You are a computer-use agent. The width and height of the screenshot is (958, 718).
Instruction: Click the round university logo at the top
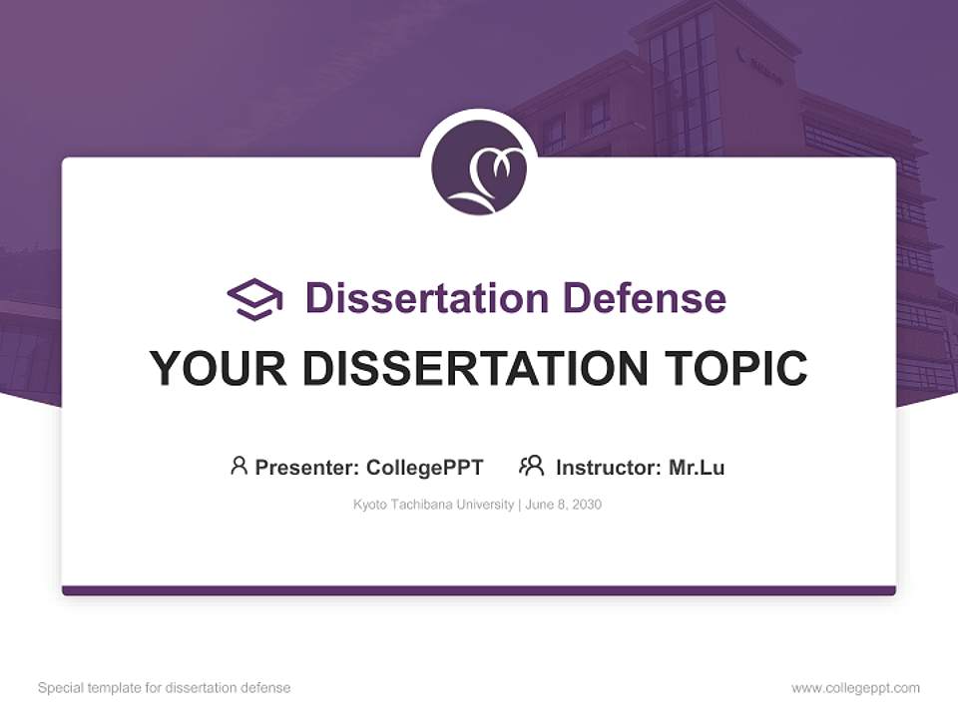(479, 168)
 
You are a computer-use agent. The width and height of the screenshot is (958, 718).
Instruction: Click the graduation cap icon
(254, 298)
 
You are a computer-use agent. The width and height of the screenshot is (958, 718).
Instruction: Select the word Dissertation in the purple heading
(426, 298)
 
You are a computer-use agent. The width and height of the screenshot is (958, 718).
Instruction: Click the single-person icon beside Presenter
(239, 466)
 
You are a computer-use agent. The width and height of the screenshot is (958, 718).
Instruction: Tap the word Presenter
(305, 467)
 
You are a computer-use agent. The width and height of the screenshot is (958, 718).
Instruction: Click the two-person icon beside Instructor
(531, 466)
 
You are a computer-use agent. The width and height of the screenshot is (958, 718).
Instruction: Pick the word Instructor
(607, 467)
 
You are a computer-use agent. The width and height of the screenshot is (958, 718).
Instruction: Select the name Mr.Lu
(697, 467)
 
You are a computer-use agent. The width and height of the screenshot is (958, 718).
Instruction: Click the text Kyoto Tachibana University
(432, 505)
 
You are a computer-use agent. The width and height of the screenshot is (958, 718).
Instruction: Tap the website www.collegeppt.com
(855, 688)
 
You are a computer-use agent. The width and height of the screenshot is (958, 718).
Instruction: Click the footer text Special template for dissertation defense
(164, 688)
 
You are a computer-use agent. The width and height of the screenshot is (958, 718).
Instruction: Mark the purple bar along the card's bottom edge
(479, 590)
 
